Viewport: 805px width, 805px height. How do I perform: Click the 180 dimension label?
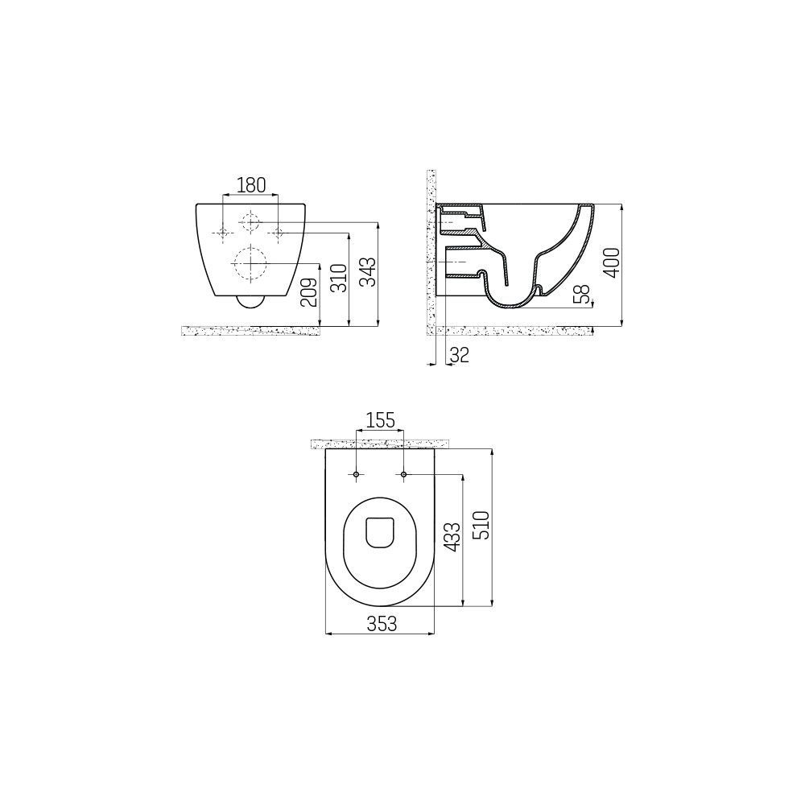point(251,185)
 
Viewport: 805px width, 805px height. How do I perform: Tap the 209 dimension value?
point(308,293)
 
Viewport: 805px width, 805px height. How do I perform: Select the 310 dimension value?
point(338,279)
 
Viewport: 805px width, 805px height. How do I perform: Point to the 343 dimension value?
point(368,271)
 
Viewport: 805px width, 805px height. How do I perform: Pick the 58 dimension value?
point(582,294)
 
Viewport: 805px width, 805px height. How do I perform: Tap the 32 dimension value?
point(459,355)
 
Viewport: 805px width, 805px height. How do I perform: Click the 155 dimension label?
point(380,420)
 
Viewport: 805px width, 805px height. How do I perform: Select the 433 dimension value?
point(452,537)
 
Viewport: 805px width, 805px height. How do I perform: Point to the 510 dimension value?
point(481,525)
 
